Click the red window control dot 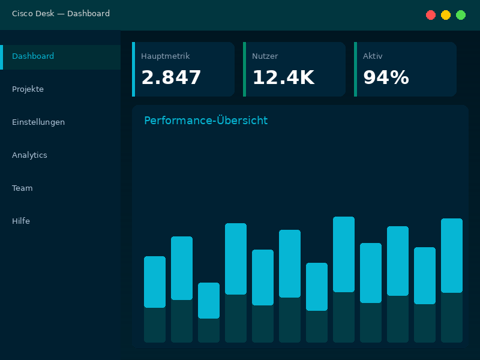(431, 15)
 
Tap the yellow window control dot (446, 15)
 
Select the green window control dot (461, 15)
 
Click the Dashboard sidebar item (33, 56)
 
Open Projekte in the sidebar (28, 89)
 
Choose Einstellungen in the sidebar (38, 122)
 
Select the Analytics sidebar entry (29, 155)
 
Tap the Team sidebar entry (22, 188)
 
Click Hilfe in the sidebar (21, 221)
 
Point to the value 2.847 (171, 78)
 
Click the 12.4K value (283, 78)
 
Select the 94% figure (386, 78)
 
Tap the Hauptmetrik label (165, 56)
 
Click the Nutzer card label (265, 56)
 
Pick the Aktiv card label (373, 56)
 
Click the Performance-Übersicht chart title (206, 121)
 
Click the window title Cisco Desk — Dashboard (61, 14)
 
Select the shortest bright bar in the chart (209, 300)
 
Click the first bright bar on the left (155, 282)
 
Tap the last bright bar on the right (452, 256)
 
